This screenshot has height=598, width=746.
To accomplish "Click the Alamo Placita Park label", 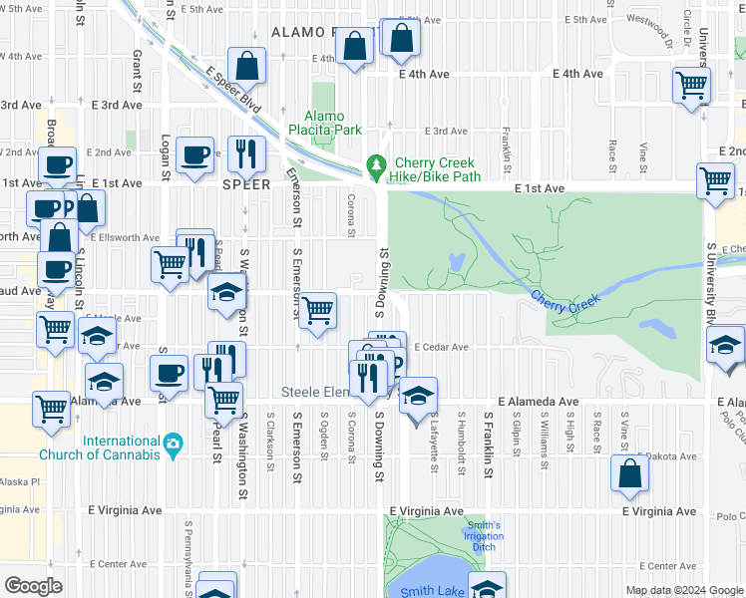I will (x=324, y=123).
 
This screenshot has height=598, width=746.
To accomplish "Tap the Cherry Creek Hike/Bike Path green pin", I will (x=376, y=165).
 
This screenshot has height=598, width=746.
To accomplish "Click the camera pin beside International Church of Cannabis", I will (x=174, y=442).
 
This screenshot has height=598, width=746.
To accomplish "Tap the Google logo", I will (x=34, y=586).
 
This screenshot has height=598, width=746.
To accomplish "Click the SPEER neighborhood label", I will (x=245, y=184).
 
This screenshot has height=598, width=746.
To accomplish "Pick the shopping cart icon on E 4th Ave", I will (x=690, y=85).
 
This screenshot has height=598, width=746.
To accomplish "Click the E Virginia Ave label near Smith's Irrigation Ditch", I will (x=426, y=511).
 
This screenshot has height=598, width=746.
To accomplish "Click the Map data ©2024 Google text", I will (x=683, y=590).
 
